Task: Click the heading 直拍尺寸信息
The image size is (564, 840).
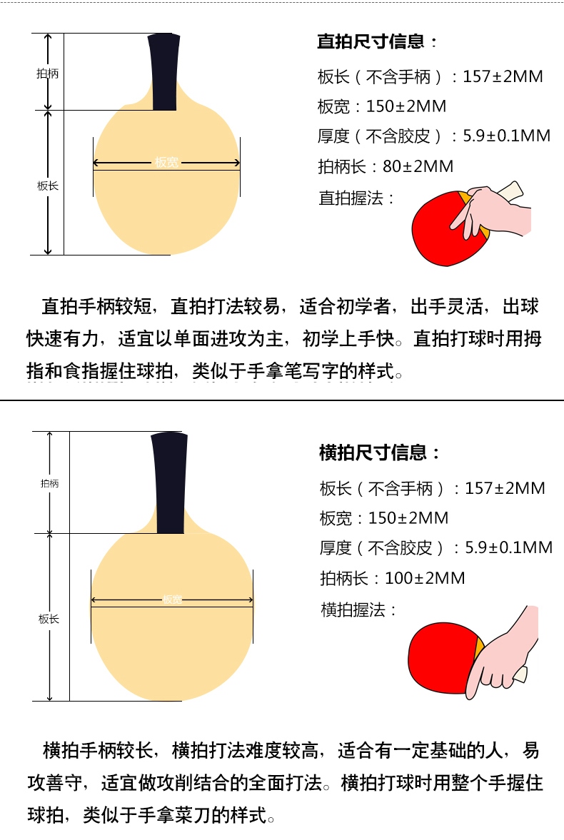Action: coord(371,42)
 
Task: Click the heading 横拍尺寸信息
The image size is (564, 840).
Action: coord(373,453)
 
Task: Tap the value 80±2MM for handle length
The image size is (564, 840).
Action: coord(418,166)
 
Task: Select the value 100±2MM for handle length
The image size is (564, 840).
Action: coord(425,578)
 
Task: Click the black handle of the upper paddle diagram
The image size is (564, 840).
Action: coord(164,72)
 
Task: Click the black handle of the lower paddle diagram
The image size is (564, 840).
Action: coord(170,482)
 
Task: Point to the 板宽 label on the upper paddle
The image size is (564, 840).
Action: coord(167,162)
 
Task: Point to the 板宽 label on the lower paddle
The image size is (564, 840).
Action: coord(172,599)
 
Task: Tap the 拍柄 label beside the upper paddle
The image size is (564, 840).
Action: coord(47,74)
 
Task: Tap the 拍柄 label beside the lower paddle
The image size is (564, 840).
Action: coord(50,483)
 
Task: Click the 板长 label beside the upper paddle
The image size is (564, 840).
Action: coord(47,186)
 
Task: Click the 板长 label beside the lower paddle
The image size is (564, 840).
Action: coord(49,619)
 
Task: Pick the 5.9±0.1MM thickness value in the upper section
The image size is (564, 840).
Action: coord(507,136)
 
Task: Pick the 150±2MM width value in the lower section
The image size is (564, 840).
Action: coord(408,518)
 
